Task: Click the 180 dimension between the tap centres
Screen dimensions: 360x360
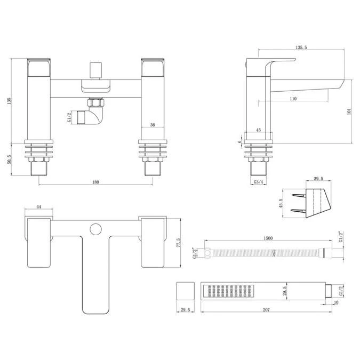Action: coord(95,182)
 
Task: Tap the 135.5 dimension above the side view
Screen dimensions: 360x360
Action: coord(301,47)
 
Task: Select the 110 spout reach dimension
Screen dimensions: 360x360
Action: coord(293,99)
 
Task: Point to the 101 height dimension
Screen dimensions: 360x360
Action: coord(349,111)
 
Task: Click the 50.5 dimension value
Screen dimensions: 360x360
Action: coord(10,159)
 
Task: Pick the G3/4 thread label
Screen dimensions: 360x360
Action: coord(258,182)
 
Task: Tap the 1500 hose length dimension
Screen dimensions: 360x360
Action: coord(268,238)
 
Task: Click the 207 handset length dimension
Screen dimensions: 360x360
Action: coord(266,310)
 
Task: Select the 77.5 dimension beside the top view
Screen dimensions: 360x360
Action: coord(178,243)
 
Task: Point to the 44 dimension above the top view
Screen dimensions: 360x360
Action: coord(39,207)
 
